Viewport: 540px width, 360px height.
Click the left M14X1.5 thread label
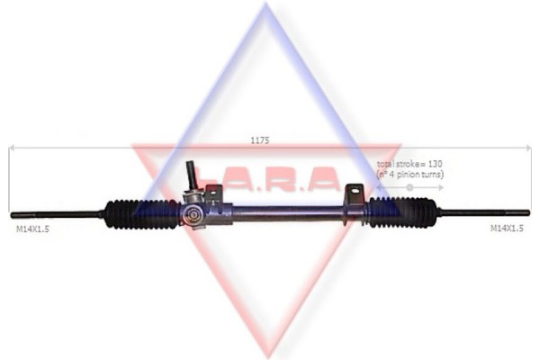pos(33,229)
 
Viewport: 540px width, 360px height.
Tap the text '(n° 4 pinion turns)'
pos(410,175)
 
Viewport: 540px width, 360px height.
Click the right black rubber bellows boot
pos(402,212)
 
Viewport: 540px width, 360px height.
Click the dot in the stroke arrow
pos(409,187)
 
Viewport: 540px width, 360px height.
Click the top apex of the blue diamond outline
pos(266,7)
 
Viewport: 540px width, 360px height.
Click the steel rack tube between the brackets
pos(288,212)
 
